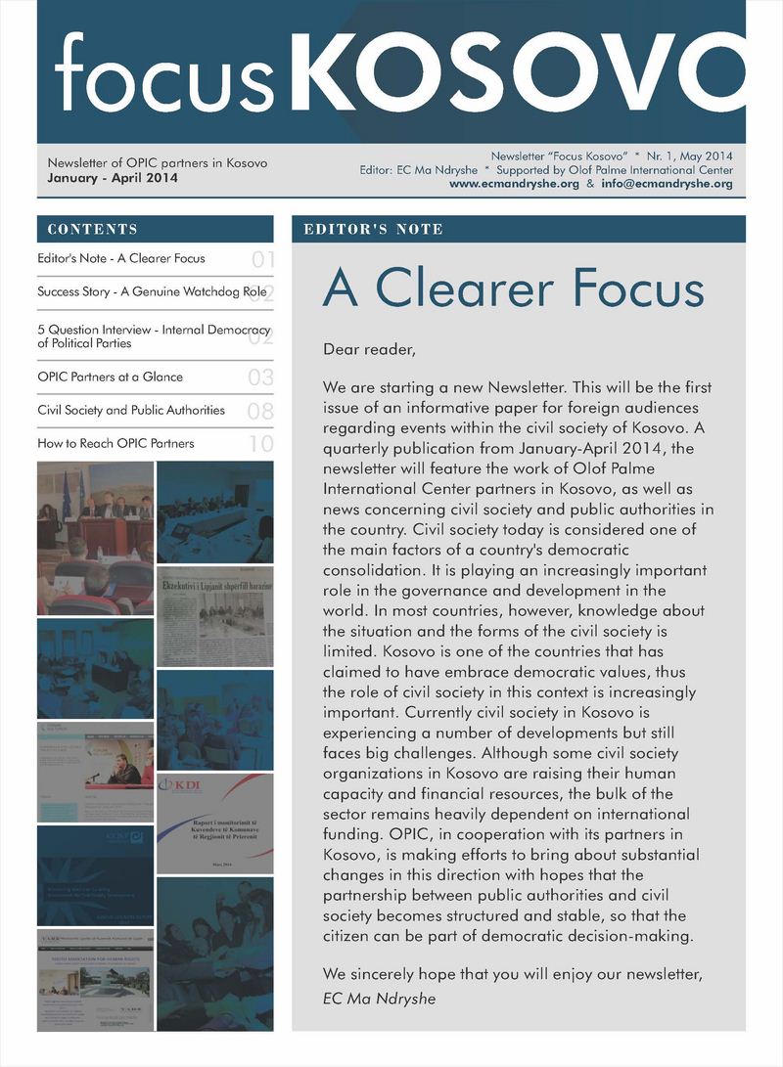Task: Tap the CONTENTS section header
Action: coord(92,229)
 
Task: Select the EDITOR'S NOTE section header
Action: coord(374,229)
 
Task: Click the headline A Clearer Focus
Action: coord(513,289)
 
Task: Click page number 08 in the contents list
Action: coord(260,412)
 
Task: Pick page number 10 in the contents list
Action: coord(260,445)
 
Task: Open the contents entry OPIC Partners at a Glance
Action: coord(110,377)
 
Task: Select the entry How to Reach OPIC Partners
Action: coord(115,443)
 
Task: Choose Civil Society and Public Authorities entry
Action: coord(131,410)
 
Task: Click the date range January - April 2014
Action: coord(107,178)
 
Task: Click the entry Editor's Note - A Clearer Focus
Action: coord(121,259)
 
